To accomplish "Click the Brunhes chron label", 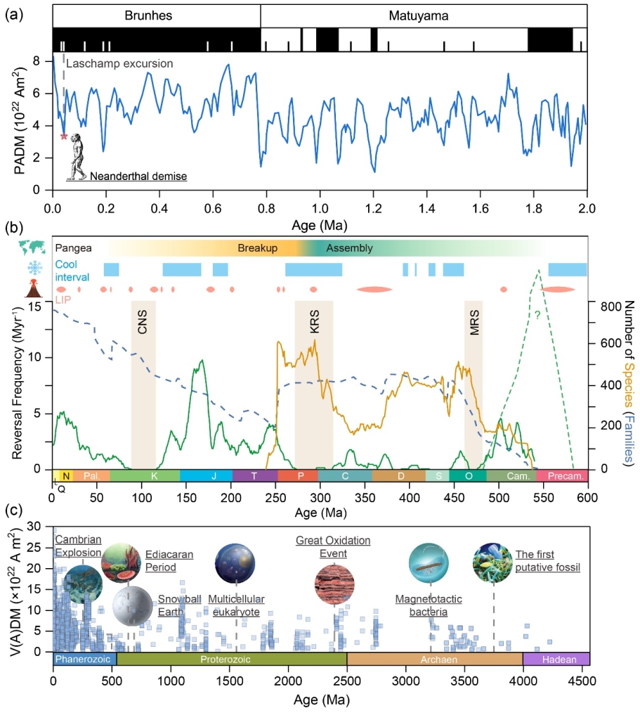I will [x=156, y=15].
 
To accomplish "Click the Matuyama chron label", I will [x=424, y=15].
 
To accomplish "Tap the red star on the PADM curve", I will [x=64, y=136].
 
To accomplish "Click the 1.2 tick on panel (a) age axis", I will [x=373, y=210].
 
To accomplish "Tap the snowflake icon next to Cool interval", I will [x=34, y=269].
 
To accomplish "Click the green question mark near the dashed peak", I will [x=537, y=315].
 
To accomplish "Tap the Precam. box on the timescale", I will [x=562, y=476].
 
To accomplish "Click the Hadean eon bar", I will [x=556, y=659].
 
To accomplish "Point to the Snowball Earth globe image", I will [x=131, y=605].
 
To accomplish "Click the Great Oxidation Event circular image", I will [x=334, y=584].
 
